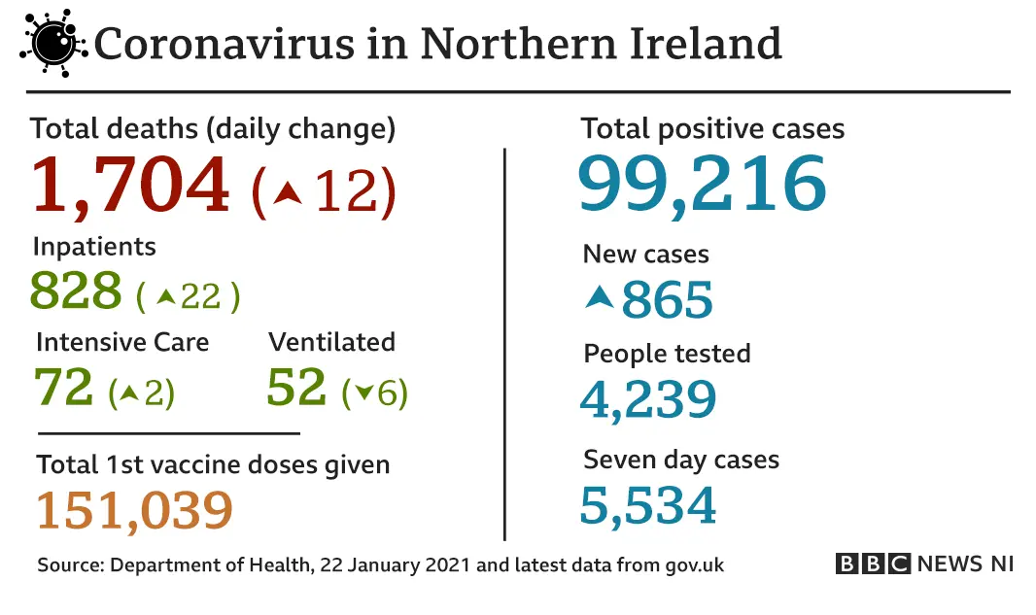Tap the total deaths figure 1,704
(131, 185)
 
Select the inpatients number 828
(77, 290)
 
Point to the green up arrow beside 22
(166, 296)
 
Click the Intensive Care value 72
(64, 388)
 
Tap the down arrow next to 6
(364, 393)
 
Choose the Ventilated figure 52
(296, 388)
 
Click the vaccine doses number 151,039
(135, 510)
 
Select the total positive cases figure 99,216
(702, 184)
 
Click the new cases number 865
(668, 300)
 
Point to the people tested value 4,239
(648, 398)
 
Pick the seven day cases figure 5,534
(648, 505)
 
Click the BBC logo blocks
(873, 564)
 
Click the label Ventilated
(331, 342)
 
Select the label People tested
(667, 353)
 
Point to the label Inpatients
(94, 247)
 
